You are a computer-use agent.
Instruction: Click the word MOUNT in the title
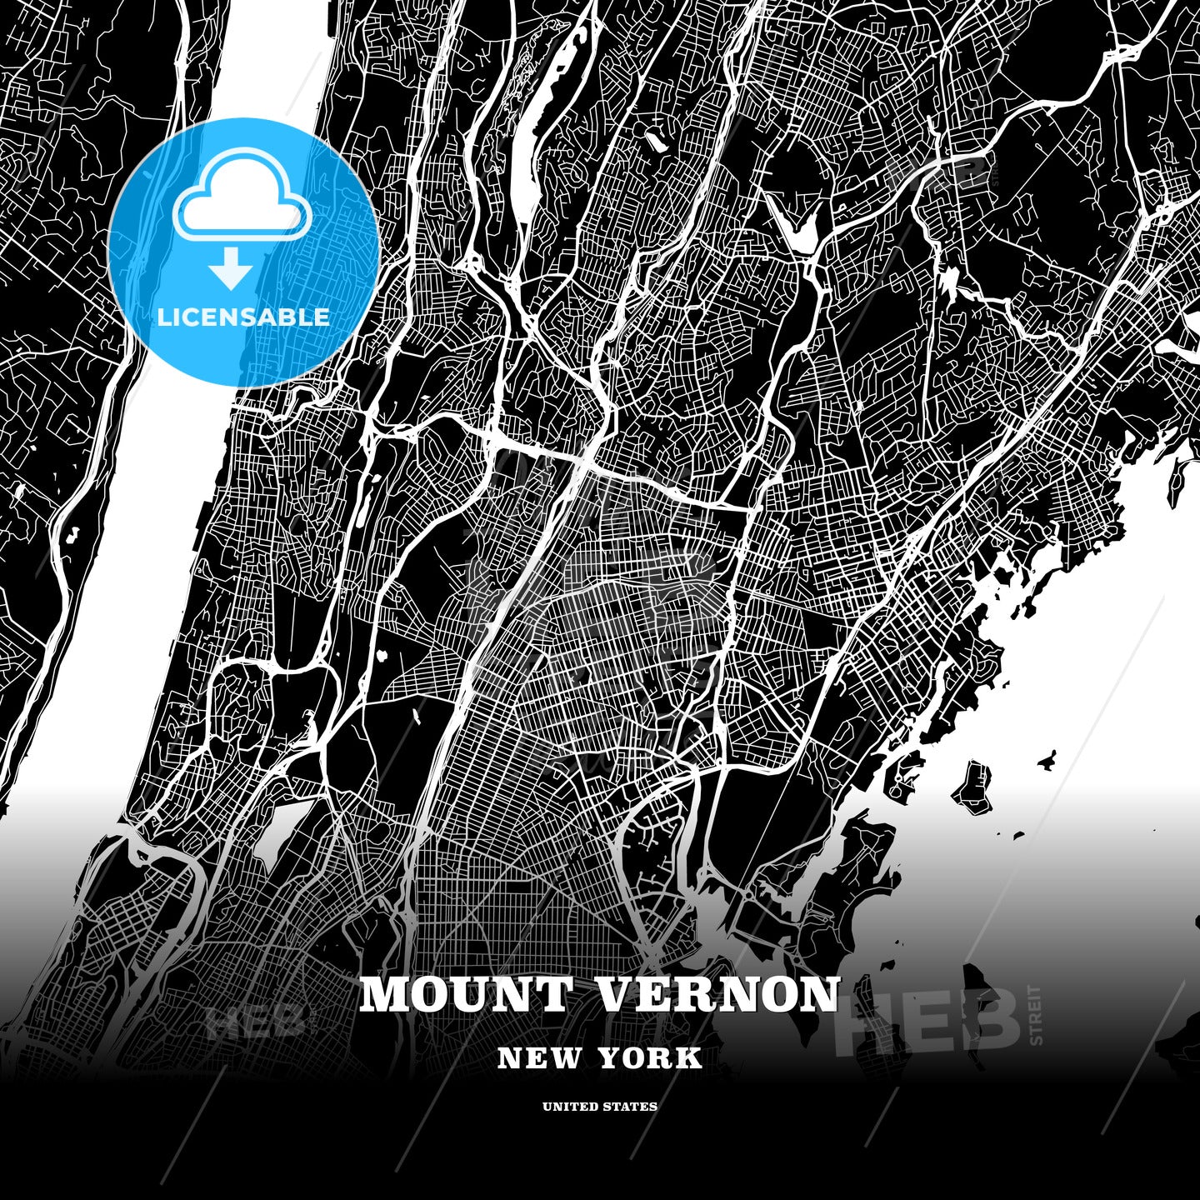click(x=467, y=994)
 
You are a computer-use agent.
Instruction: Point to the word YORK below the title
click(x=650, y=1058)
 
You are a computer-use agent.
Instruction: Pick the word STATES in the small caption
click(x=633, y=1107)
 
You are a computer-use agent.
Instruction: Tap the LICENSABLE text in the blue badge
click(x=243, y=317)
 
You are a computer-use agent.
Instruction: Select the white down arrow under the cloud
click(x=231, y=268)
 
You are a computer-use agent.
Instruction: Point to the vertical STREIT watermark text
click(x=1036, y=1014)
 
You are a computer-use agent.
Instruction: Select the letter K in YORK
click(x=690, y=1058)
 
